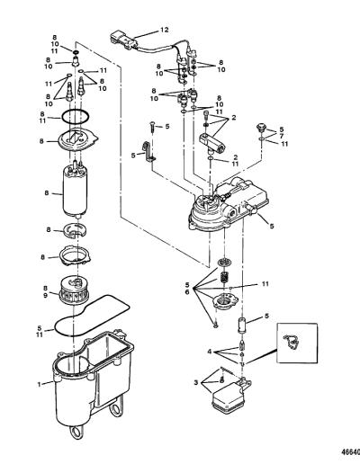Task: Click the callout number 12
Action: pos(165,30)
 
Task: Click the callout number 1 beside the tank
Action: pos(39,384)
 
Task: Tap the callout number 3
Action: pos(196,383)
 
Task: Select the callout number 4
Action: pos(210,352)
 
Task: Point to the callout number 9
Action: pos(45,295)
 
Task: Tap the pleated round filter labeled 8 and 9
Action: pos(75,290)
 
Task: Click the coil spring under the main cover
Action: pos(223,277)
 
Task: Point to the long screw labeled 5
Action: pos(153,129)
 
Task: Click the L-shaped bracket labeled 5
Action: pos(148,153)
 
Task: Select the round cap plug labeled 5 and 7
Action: pos(261,128)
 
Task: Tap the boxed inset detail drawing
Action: pos(297,344)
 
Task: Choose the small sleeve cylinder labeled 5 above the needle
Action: pos(242,326)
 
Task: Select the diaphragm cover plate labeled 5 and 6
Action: pos(225,300)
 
